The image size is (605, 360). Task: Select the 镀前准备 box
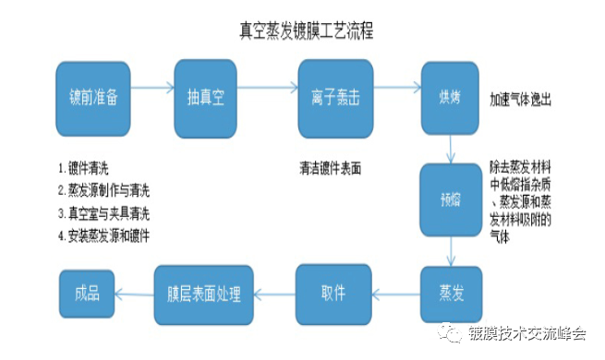93,95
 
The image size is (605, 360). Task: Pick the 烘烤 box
449,95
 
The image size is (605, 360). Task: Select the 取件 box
333,293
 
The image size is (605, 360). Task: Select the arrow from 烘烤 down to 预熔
449,146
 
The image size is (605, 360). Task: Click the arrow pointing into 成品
135,293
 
